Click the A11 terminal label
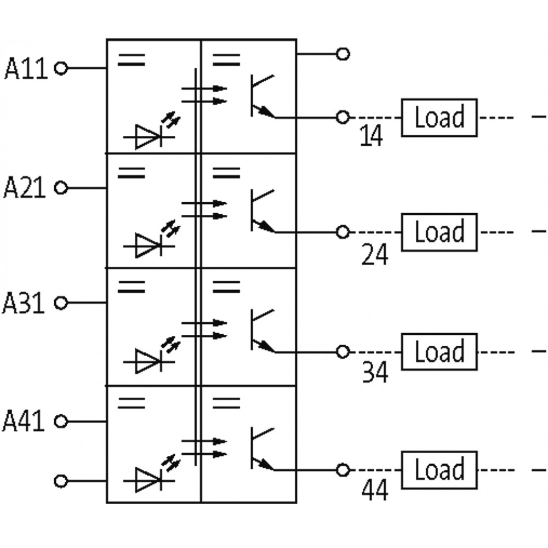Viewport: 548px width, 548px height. point(26,68)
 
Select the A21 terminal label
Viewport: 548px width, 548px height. point(25,187)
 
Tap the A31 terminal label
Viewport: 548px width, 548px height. point(24,302)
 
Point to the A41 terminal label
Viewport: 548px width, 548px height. point(24,421)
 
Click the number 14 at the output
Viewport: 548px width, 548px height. point(371,135)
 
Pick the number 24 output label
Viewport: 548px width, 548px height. point(375,254)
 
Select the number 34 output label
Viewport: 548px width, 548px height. point(375,372)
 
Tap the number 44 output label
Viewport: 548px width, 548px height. point(375,490)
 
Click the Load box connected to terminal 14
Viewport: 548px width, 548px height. point(439,117)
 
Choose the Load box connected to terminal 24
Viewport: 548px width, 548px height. point(439,232)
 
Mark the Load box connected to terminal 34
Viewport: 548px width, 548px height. point(439,352)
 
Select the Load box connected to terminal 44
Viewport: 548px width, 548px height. point(439,470)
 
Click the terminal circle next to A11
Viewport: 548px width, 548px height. point(61,68)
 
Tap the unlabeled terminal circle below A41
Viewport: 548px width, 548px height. point(61,481)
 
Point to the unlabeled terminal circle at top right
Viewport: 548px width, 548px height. point(343,54)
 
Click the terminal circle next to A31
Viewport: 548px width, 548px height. point(61,302)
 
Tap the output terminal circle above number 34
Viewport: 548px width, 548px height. point(343,352)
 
